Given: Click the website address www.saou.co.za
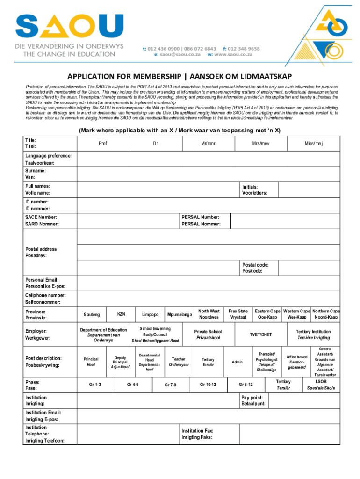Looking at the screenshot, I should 233,54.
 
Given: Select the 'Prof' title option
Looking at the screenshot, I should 102,143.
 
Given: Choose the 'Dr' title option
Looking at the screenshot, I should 155,143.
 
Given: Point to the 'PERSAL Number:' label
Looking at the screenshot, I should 200,217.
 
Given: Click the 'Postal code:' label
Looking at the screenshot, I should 255,264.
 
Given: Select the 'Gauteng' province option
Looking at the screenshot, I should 91,315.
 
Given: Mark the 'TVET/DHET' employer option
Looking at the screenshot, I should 260,334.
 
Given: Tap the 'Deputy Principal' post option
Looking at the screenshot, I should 120,361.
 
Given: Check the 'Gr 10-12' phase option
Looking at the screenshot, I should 208,385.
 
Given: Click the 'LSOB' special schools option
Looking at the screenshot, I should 321,382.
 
